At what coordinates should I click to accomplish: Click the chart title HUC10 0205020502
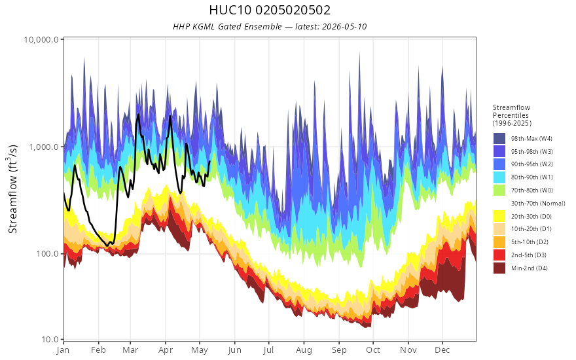pyautogui.click(x=270, y=10)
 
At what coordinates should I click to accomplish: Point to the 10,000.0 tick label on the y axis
pyautogui.click(x=41, y=39)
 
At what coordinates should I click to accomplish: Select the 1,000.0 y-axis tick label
pyautogui.click(x=44, y=147)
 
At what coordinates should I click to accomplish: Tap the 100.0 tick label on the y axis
pyautogui.click(x=48, y=254)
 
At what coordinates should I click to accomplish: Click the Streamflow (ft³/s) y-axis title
pyautogui.click(x=13, y=189)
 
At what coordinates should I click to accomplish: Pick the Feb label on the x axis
pyautogui.click(x=98, y=350)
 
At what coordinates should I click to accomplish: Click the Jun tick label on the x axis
pyautogui.click(x=234, y=350)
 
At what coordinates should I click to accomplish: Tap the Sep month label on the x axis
pyautogui.click(x=339, y=350)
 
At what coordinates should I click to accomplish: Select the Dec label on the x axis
pyautogui.click(x=442, y=350)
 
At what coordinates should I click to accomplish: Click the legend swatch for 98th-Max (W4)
pyautogui.click(x=499, y=139)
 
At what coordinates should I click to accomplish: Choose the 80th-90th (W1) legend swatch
pyautogui.click(x=499, y=177)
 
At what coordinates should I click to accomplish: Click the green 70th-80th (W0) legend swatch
pyautogui.click(x=499, y=190)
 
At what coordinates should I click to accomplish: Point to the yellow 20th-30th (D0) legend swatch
pyautogui.click(x=499, y=217)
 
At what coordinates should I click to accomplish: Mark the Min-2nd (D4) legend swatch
pyautogui.click(x=499, y=268)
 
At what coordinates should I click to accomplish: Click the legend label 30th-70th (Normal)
pyautogui.click(x=538, y=204)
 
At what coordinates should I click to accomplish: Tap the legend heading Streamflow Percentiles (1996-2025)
pyautogui.click(x=512, y=115)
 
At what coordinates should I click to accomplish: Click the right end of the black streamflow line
pyautogui.click(x=209, y=161)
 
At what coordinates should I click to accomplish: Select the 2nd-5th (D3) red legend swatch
pyautogui.click(x=499, y=255)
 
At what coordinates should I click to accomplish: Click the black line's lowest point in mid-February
pyautogui.click(x=107, y=245)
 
